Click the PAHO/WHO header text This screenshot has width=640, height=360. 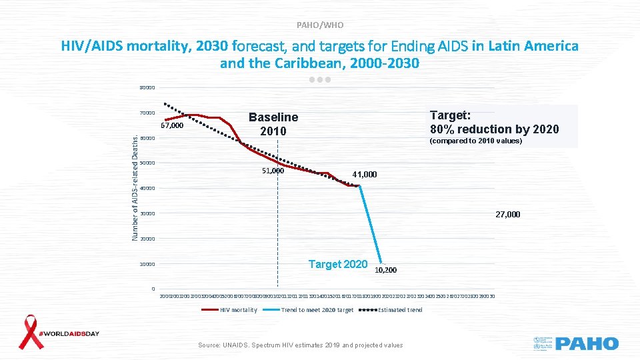[320, 25]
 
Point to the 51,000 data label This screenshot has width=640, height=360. [272, 171]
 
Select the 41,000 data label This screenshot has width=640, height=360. [365, 175]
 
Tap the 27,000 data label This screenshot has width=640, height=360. [507, 215]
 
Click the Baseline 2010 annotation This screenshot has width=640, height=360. [273, 124]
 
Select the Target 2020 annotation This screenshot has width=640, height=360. [338, 264]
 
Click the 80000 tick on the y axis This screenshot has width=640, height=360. [147, 88]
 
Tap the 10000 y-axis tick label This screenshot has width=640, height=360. [147, 265]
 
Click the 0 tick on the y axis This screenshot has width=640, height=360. [153, 289]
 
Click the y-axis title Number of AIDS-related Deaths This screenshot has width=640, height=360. [135, 187]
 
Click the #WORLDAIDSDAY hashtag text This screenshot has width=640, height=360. [71, 333]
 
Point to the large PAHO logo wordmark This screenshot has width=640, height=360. [587, 343]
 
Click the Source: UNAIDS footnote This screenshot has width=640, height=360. [301, 345]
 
